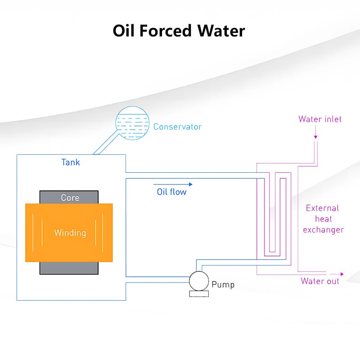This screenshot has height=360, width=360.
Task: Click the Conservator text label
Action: pyautogui.click(x=177, y=127)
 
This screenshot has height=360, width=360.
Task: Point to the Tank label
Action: pyautogui.click(x=71, y=162)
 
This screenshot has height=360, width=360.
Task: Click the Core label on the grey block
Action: pyautogui.click(x=70, y=198)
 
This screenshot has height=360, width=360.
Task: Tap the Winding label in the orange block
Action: pyautogui.click(x=70, y=233)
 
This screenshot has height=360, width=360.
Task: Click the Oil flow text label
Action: pyautogui.click(x=171, y=192)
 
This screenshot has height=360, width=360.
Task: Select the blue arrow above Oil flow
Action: pyautogui.click(x=173, y=184)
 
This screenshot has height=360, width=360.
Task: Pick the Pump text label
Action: pyautogui.click(x=223, y=285)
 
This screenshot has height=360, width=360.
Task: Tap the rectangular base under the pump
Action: pyautogui.click(x=198, y=294)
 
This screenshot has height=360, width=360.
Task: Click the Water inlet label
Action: pyautogui.click(x=320, y=119)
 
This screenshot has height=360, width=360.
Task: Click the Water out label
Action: pyautogui.click(x=320, y=281)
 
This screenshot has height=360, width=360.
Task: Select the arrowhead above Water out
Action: pyautogui.click(x=341, y=274)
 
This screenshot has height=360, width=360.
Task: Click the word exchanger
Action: pyautogui.click(x=323, y=230)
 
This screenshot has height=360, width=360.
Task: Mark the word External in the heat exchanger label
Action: pyautogui.click(x=322, y=208)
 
